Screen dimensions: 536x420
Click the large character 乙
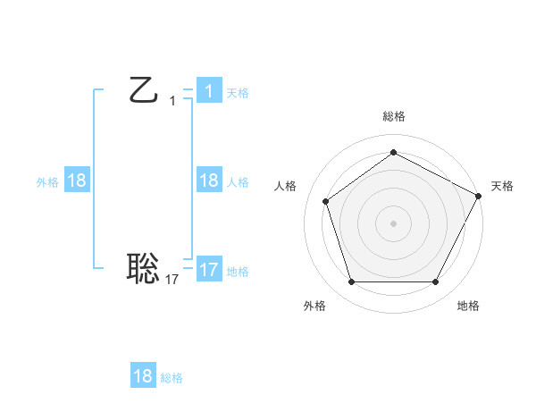pos(143,91)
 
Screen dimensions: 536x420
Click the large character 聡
pos(143,267)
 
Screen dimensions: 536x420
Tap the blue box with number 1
pos(208,91)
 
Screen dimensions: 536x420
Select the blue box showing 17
pos(208,270)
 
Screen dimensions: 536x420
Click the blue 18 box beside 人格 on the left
pos(208,181)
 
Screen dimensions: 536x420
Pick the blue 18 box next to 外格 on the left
pos(77,181)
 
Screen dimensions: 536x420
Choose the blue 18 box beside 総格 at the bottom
pos(143,376)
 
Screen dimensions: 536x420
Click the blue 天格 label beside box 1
pos(238,93)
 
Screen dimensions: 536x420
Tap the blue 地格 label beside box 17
pos(238,272)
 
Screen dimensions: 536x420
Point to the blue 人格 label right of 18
pos(238,182)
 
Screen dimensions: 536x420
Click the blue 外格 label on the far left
pos(47,182)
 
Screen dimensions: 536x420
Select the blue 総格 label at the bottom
pos(172,378)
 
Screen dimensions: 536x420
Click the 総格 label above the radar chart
pos(393,116)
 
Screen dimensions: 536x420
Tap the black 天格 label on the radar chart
pos(503,186)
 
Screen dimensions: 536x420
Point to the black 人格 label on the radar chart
pos(285,186)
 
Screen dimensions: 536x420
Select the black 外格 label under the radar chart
pos(314,306)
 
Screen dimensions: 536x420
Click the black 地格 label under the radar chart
pos(468,306)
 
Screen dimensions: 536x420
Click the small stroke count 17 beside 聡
pos(172,280)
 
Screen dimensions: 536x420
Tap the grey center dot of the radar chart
pos(393,223)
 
